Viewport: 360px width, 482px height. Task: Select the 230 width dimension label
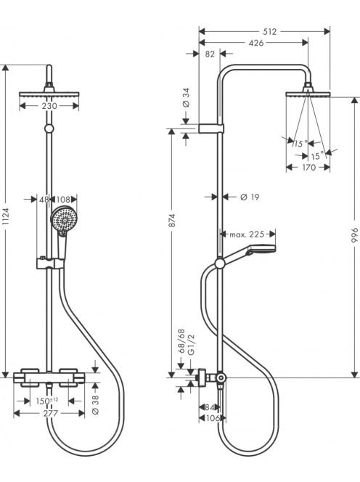(49, 106)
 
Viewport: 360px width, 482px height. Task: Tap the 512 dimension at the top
(269, 31)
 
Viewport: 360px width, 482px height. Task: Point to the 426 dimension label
(255, 43)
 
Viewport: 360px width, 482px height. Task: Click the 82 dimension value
(210, 54)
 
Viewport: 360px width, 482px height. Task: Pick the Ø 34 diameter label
(187, 98)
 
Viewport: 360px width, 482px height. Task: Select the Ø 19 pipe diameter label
(250, 197)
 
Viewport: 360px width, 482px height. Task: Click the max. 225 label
(247, 234)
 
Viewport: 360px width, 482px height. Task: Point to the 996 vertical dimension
(355, 235)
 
